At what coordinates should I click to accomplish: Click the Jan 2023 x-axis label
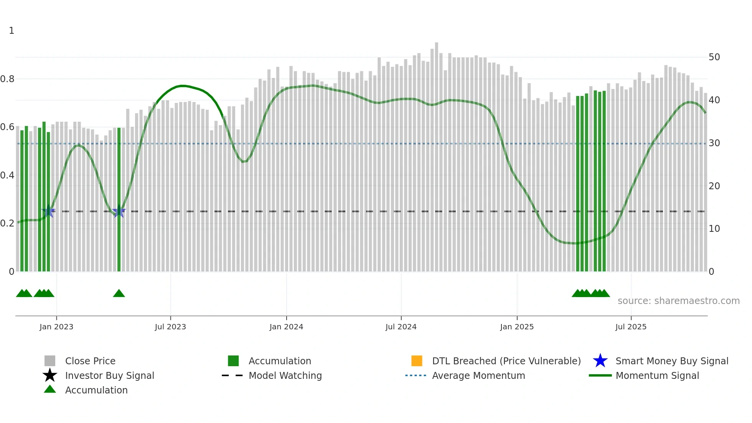tap(56, 327)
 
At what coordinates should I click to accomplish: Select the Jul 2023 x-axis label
tap(170, 327)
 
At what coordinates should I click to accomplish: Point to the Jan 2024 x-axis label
tap(286, 327)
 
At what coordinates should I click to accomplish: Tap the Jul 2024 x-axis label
tap(401, 327)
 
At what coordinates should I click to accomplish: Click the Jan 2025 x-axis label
tap(517, 327)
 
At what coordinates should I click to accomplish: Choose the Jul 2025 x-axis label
tap(631, 327)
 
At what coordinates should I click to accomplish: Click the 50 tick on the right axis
tap(714, 57)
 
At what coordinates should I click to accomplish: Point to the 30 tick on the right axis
tap(714, 143)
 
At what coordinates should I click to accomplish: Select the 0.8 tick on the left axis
tap(7, 79)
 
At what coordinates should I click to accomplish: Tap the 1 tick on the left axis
tap(12, 31)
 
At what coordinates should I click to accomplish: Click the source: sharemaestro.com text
tap(678, 301)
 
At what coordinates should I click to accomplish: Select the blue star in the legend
tap(600, 361)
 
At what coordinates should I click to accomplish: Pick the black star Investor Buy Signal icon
tap(50, 375)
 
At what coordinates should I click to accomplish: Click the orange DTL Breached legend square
tap(417, 361)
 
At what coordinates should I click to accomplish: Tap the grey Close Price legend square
tap(50, 361)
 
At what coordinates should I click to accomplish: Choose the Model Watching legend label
tap(285, 375)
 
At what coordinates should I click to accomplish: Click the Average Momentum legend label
tap(478, 375)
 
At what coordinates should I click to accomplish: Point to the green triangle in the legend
tap(50, 389)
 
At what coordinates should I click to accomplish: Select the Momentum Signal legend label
tap(657, 375)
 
